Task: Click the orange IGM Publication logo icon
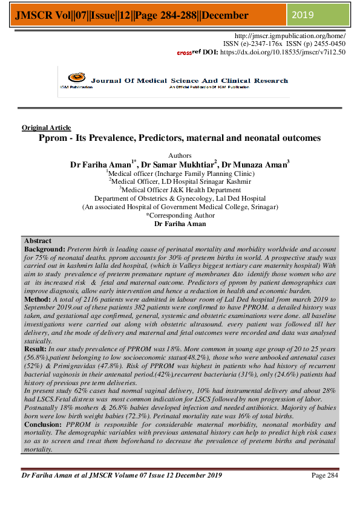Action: [74, 77]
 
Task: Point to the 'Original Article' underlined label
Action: [46, 128]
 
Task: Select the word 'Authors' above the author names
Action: [180, 155]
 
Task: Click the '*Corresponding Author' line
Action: [180, 215]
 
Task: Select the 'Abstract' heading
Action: [38, 241]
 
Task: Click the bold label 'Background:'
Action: [44, 248]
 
